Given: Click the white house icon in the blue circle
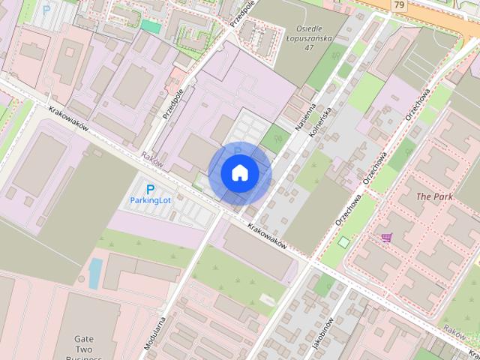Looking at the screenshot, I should click(x=239, y=173).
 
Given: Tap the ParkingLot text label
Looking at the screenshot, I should click(x=151, y=201).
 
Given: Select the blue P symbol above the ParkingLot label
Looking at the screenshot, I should click(x=150, y=190).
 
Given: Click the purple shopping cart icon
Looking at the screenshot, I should click(x=386, y=237).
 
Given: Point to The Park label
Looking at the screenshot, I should click(x=435, y=196).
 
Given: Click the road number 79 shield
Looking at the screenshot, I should click(x=399, y=5).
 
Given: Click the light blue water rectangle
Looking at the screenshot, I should click(x=94, y=274).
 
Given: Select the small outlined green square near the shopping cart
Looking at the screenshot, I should click(x=343, y=241).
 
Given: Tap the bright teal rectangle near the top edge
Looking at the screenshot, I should click(x=151, y=26).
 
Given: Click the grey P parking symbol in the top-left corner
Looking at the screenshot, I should click(x=46, y=10).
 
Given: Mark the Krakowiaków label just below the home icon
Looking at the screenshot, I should click(x=267, y=234).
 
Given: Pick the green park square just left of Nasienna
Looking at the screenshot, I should click(x=274, y=138).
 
